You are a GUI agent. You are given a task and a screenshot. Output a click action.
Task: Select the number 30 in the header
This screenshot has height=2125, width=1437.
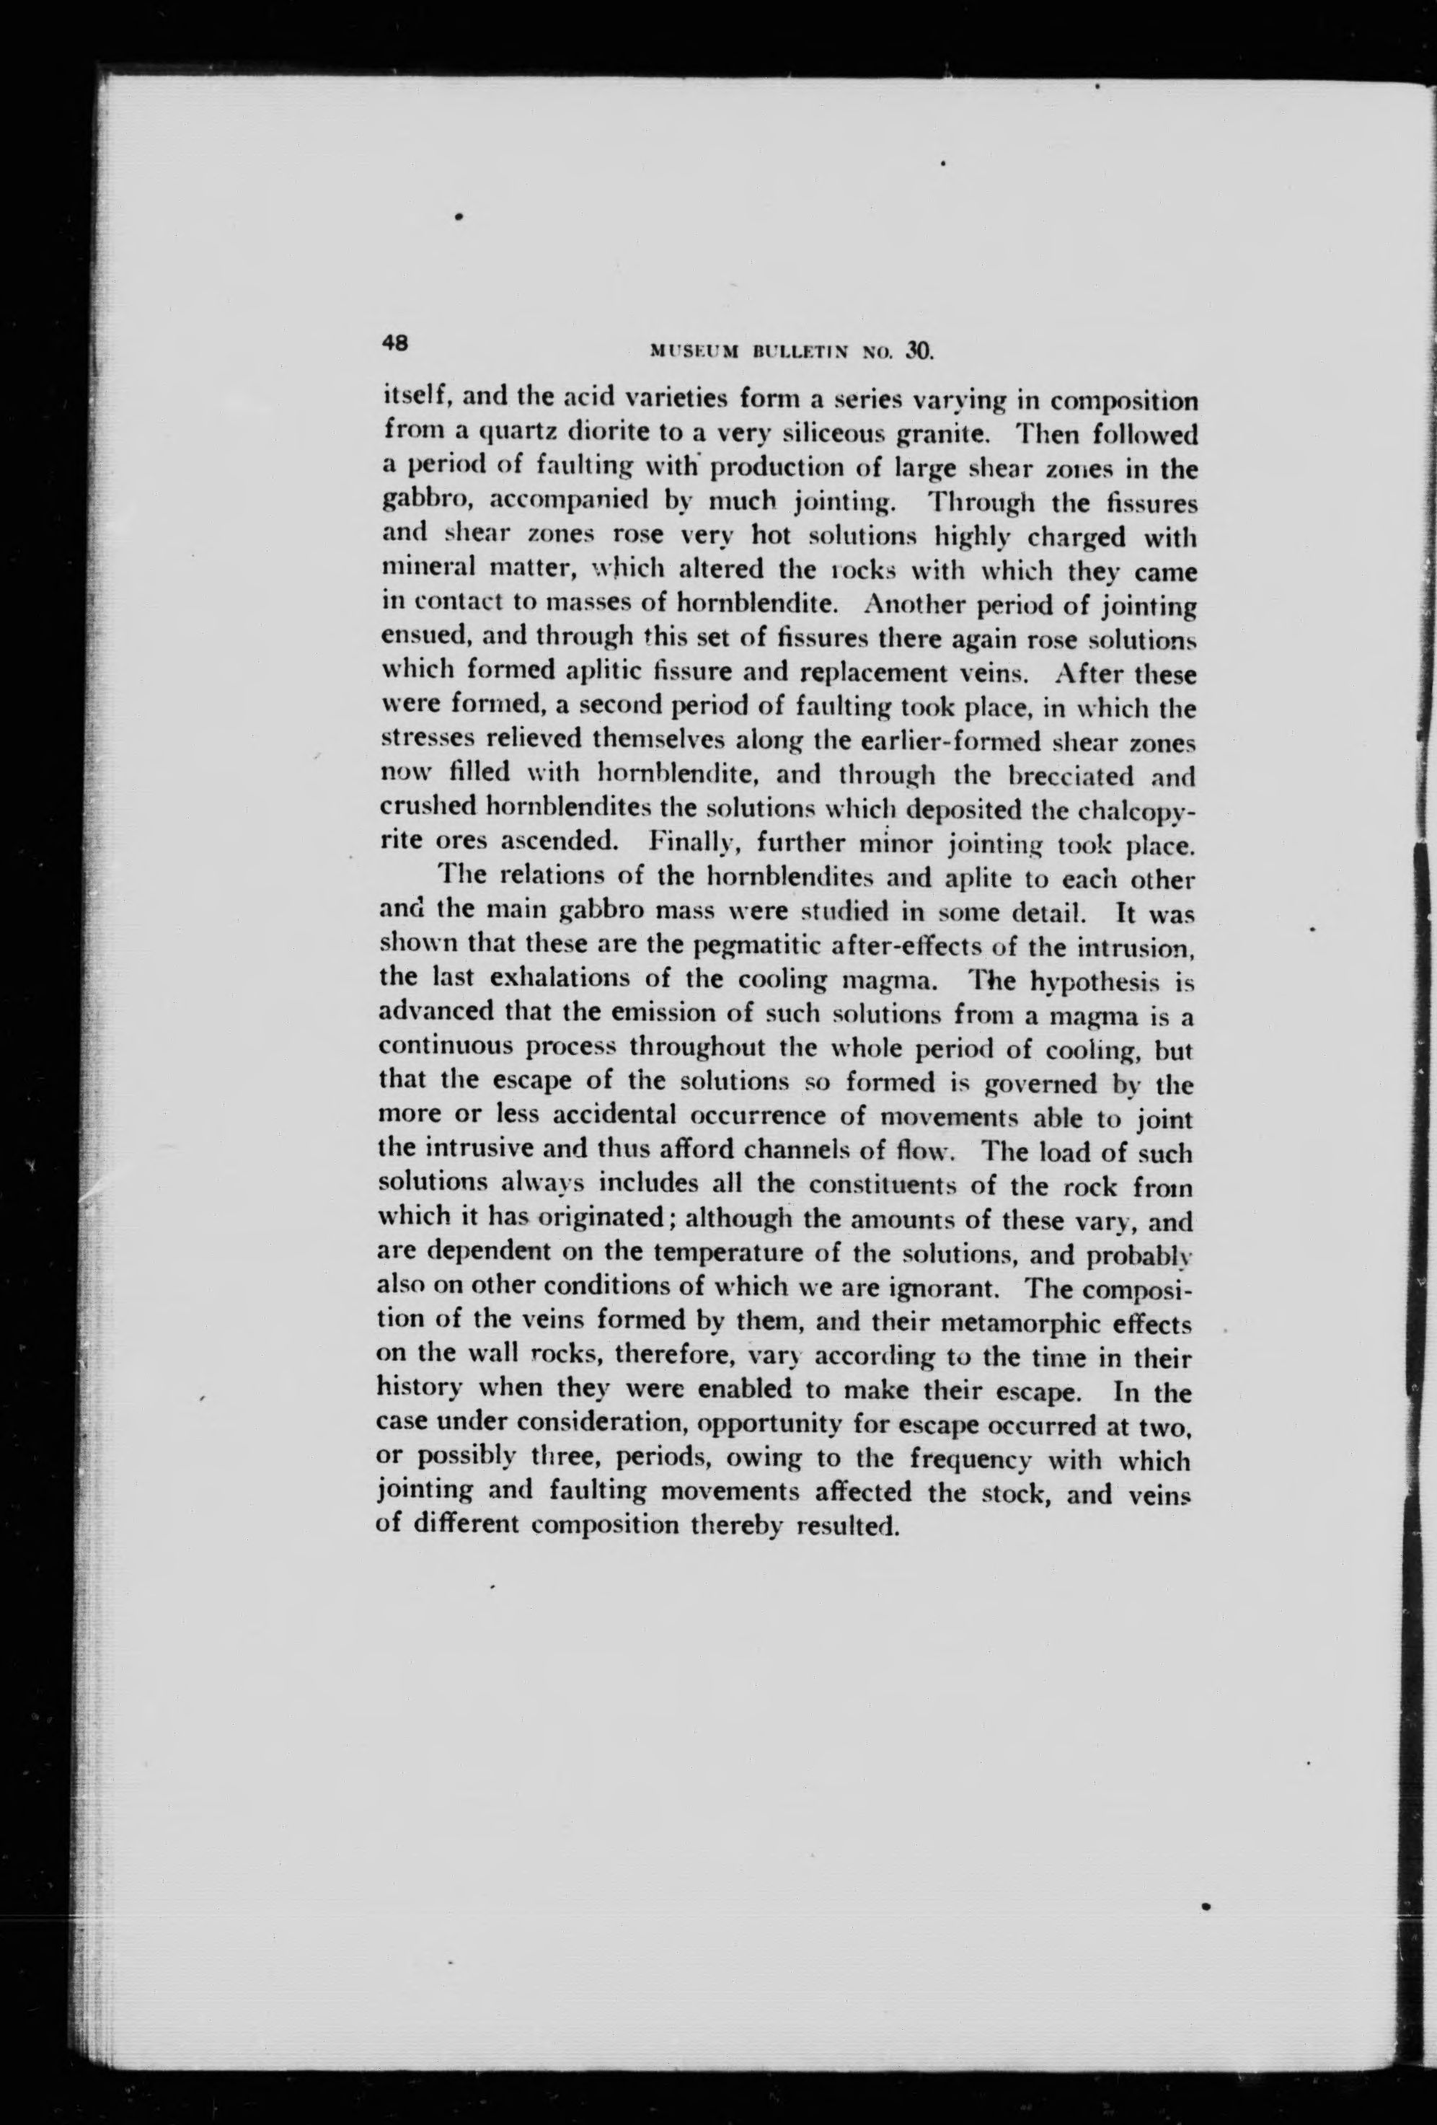pos(918,348)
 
